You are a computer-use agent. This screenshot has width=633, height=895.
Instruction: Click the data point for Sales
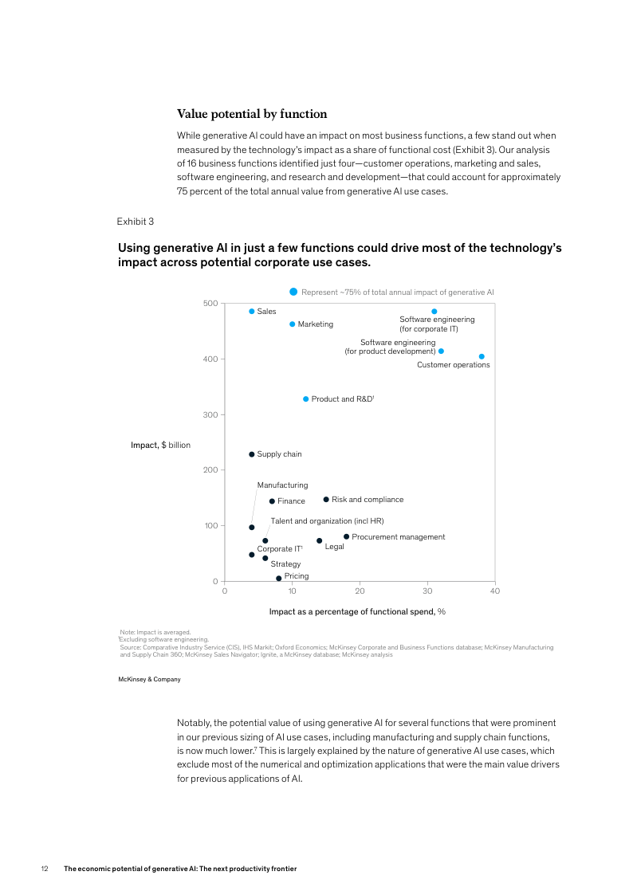pyautogui.click(x=252, y=312)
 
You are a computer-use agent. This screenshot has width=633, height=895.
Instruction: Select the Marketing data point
pyautogui.click(x=293, y=324)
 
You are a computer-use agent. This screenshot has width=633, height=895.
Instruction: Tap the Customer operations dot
pyautogui.click(x=482, y=357)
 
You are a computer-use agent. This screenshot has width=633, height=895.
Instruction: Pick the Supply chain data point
pyautogui.click(x=252, y=454)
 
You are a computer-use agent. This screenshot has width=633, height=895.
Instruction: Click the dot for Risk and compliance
pyautogui.click(x=326, y=500)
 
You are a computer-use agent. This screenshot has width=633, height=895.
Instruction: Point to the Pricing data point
pyautogui.click(x=279, y=579)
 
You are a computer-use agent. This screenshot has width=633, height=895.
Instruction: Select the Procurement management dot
pyautogui.click(x=346, y=536)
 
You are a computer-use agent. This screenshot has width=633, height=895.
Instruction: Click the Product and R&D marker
pyautogui.click(x=306, y=399)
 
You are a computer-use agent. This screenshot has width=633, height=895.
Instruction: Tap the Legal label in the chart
pyautogui.click(x=334, y=547)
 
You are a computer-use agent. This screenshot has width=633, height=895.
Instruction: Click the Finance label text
pyautogui.click(x=291, y=501)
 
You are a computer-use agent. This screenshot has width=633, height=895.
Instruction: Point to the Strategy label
pyautogui.click(x=285, y=564)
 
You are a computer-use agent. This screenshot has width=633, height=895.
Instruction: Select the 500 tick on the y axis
pyautogui.click(x=210, y=304)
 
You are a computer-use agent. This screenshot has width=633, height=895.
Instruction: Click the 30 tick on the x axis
pyautogui.click(x=427, y=591)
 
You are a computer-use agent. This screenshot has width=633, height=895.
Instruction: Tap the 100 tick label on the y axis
pyautogui.click(x=210, y=526)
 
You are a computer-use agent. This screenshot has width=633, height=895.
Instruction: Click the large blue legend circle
pyautogui.click(x=293, y=292)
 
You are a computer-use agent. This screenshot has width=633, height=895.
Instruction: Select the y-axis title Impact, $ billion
pyautogui.click(x=160, y=445)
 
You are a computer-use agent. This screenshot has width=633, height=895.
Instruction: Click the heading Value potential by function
pyautogui.click(x=252, y=114)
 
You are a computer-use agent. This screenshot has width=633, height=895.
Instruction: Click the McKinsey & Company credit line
pyautogui.click(x=149, y=680)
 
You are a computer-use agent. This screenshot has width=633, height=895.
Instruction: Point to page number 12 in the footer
pyautogui.click(x=45, y=869)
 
